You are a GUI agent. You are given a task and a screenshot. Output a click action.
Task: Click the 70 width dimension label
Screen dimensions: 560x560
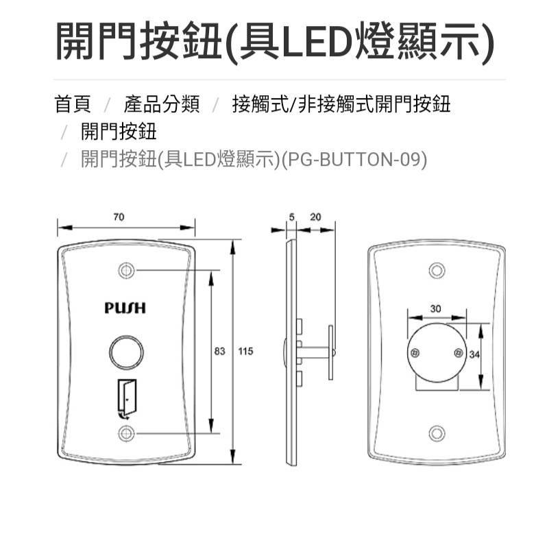coord(119,217)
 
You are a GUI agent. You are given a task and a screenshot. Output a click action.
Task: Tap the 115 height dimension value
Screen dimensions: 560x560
coord(245,352)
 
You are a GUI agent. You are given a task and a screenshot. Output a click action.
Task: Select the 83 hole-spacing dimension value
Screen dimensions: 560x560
coord(219,352)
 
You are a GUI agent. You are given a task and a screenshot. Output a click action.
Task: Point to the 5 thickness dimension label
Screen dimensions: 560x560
coord(292,217)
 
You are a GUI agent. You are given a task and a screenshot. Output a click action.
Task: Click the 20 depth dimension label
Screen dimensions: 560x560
coord(315,217)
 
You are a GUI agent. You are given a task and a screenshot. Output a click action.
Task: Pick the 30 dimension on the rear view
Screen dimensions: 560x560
coord(436,308)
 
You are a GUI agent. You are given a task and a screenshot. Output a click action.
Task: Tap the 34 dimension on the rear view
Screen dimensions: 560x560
coord(474,354)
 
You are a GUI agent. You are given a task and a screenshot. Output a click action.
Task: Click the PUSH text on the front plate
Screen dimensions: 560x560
coord(125,308)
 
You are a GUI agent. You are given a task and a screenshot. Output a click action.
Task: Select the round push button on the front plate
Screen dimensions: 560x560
coord(126,352)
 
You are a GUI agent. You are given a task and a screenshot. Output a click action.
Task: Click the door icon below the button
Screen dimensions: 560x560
coord(127,398)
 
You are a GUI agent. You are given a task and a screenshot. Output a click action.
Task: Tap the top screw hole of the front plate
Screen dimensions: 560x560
coord(126,270)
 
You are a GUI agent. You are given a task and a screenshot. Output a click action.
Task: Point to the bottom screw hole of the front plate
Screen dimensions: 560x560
coord(126,434)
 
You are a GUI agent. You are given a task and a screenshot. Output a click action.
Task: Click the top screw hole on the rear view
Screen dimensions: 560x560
coord(437,270)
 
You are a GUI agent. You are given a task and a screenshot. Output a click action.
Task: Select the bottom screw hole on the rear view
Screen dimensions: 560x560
coord(437,434)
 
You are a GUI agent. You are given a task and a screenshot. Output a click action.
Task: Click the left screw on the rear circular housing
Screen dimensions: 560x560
coord(415,353)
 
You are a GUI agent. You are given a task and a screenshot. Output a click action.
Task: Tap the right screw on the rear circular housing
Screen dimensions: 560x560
coord(459,353)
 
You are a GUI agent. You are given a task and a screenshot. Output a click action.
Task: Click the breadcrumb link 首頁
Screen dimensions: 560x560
coord(73,104)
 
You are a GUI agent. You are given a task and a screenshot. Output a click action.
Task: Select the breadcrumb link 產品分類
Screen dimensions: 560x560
coord(162,104)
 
